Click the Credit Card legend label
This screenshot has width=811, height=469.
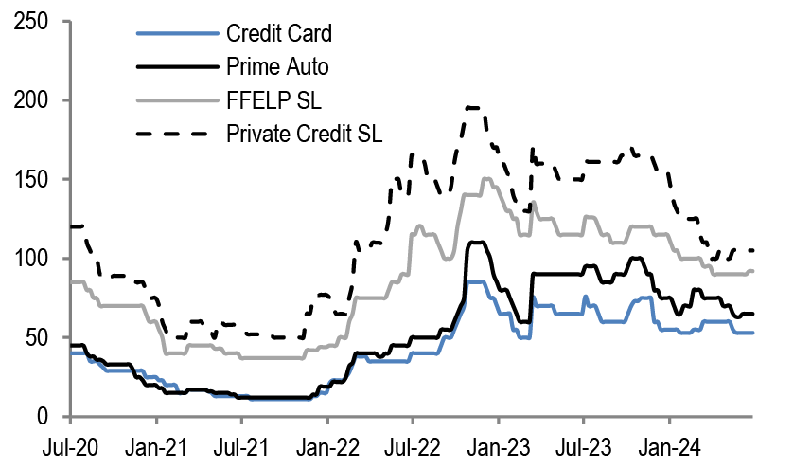coord(279,35)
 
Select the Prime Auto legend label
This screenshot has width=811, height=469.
coord(276,67)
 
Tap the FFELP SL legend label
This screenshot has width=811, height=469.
coord(268,99)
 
